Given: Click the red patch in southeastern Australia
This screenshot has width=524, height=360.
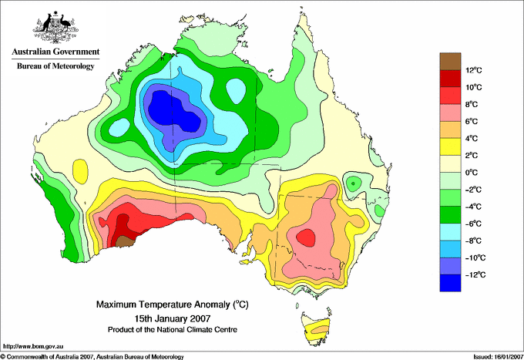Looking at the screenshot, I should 306,236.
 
